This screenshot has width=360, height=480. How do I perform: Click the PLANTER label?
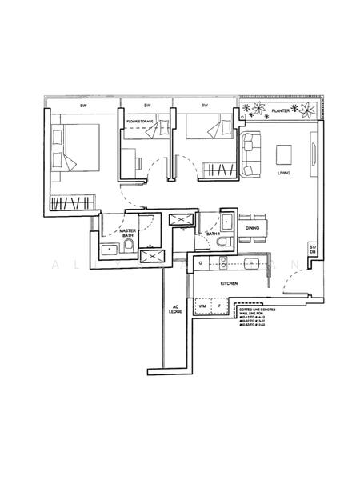pos(279,111)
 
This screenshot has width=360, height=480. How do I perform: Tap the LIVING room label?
pos(283,174)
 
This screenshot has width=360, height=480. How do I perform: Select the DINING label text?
pos(253,229)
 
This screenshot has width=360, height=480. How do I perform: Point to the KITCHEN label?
pos(232,283)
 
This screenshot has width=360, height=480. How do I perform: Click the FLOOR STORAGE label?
pos(140,122)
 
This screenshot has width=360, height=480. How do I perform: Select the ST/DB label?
pos(312,249)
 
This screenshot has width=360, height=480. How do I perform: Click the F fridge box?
pos(219,305)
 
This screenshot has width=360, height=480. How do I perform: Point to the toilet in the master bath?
pos(129,250)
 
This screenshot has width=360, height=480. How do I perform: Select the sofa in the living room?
pos(251,154)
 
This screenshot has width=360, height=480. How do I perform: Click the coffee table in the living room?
pos(284,154)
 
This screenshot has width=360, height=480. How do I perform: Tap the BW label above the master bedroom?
pos(82,106)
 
